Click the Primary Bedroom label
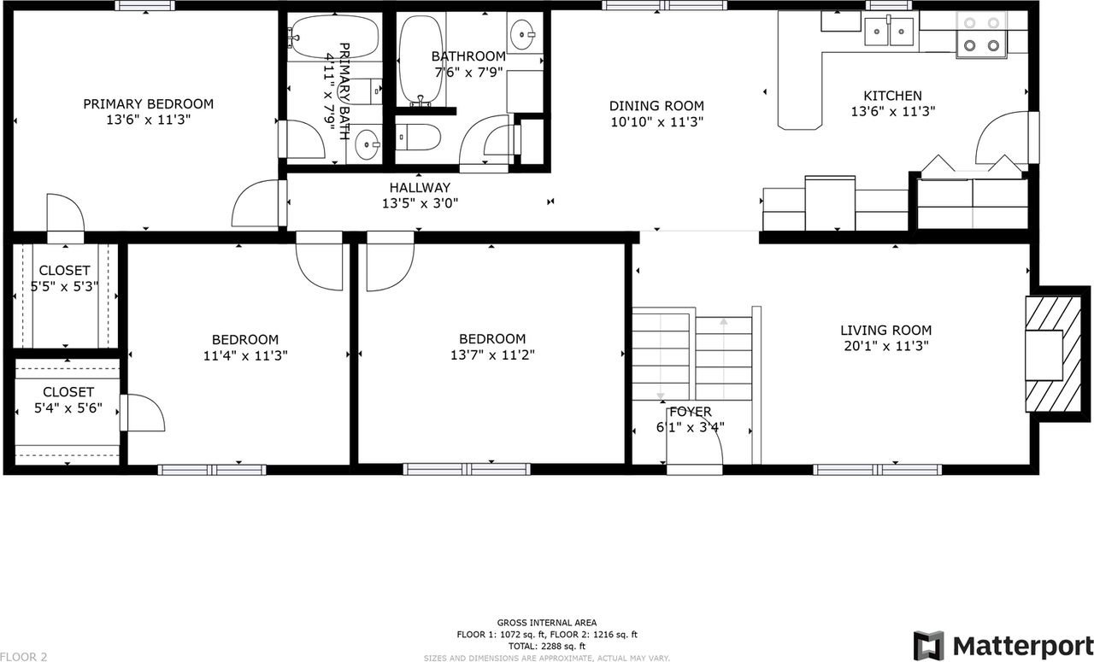coord(148,104)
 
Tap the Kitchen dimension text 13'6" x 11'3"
coord(892,111)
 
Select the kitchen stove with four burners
coord(981,34)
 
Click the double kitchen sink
coord(889,32)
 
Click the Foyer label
coord(690,412)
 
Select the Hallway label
coord(420,188)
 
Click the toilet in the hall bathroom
coord(418,137)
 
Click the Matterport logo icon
coord(929,645)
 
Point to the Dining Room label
coord(656,106)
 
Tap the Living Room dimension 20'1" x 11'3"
coord(885,346)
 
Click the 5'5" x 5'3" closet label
coord(64,287)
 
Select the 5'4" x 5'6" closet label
coord(68,408)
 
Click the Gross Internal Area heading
coord(547,623)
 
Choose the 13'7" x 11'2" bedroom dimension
coord(492,354)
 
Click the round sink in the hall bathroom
coord(522,34)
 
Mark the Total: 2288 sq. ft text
coord(547,646)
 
